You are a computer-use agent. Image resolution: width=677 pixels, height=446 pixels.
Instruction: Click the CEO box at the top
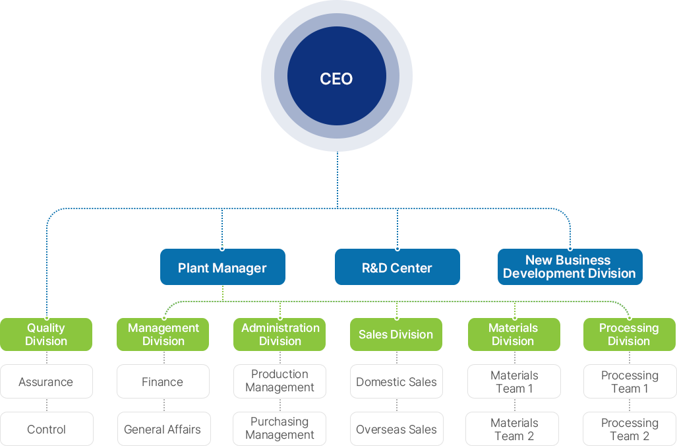336,78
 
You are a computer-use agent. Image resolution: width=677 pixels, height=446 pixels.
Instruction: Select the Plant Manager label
222,268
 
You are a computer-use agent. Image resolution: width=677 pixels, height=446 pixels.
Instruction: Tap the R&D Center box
397,267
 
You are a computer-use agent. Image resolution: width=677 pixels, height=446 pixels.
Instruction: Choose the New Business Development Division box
570,267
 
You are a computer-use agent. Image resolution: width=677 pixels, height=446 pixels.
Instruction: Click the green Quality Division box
46,334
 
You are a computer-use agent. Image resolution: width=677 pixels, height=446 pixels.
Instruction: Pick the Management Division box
163,334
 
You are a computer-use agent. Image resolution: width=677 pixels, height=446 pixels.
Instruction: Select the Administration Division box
280,334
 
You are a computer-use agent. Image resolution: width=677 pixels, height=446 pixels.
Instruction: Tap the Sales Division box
396,334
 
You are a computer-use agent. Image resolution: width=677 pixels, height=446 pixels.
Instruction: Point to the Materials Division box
514,334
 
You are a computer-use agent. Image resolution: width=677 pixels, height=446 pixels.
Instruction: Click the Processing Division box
629,334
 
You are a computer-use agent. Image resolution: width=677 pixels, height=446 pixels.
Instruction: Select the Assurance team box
46,382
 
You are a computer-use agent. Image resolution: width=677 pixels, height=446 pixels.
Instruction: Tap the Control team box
46,430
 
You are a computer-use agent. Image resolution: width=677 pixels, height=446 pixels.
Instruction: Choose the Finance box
163,382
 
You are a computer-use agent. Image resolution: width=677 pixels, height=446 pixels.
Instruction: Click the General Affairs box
163,430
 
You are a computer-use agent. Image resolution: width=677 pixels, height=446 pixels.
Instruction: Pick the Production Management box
280,381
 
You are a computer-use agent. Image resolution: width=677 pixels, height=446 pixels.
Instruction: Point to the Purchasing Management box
280,429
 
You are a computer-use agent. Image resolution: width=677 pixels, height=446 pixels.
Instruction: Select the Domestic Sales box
396,382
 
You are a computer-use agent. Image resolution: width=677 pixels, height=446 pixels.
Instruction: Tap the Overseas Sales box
396,430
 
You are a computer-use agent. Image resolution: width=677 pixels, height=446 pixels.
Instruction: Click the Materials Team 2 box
514,430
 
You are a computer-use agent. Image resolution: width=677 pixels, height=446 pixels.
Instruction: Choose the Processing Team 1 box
630,382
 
